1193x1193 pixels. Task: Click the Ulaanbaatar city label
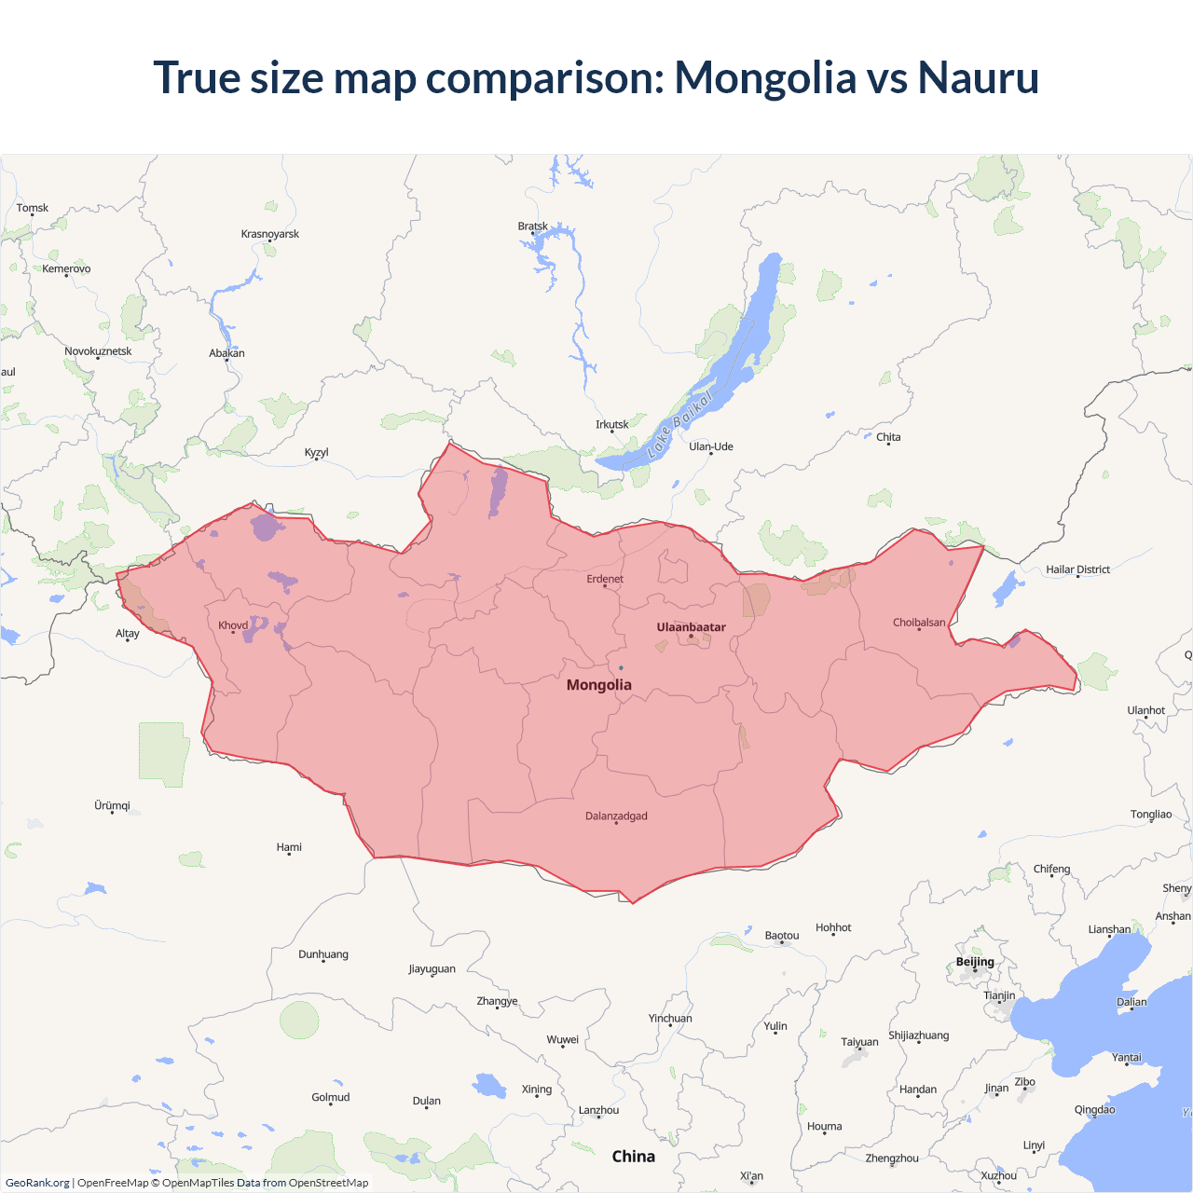coord(691,627)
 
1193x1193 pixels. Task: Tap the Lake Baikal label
coord(679,424)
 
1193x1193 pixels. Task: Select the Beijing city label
coord(975,962)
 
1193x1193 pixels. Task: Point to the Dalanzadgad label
coord(616,816)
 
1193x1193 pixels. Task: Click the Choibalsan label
coord(919,623)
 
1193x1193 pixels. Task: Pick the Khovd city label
coord(233,625)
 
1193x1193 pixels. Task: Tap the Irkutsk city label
coord(612,425)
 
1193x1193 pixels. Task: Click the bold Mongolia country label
coord(599,685)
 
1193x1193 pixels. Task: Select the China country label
coord(634,1157)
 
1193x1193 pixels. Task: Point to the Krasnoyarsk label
coord(270,234)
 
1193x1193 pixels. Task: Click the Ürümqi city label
coord(112,805)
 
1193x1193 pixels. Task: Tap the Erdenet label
coord(605,579)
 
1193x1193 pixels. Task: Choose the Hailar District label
coord(1077,569)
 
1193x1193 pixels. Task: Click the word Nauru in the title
coord(978,77)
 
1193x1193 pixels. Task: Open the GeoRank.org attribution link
coord(37,1183)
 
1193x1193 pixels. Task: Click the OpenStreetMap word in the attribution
coord(328,1183)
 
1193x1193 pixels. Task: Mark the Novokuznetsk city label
coord(98,351)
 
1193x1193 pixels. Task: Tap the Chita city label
coord(888,437)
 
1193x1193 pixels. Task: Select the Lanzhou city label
coord(598,1110)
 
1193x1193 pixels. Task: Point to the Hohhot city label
coord(833,927)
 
